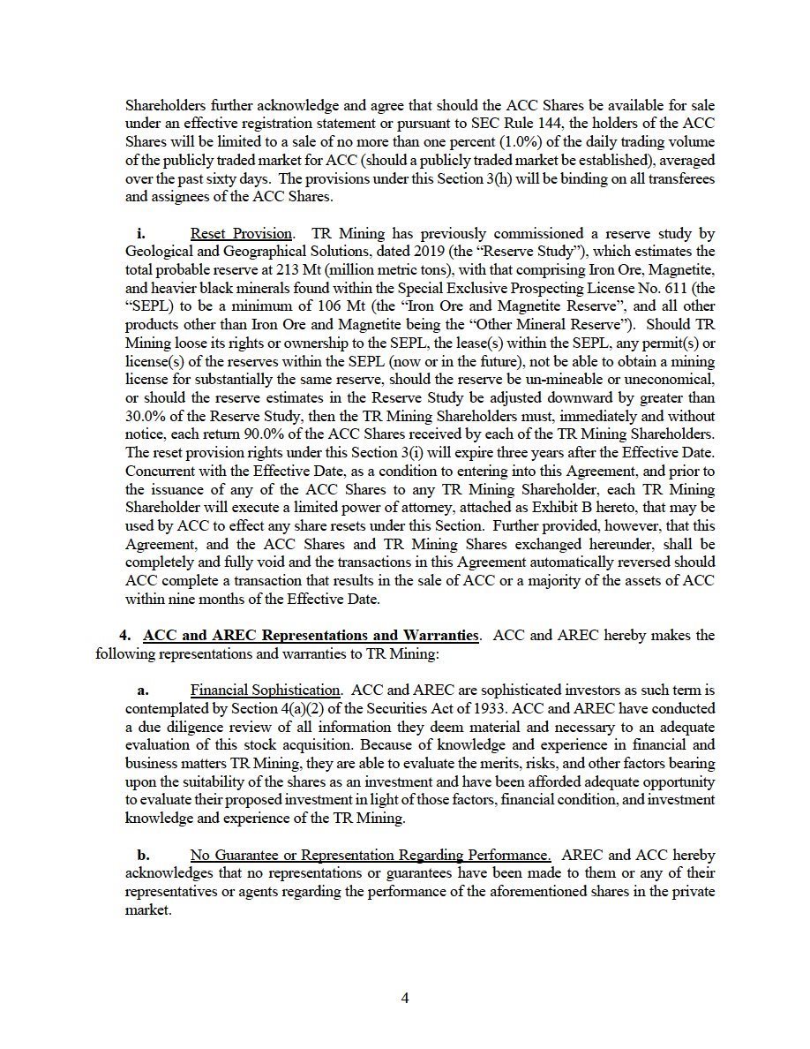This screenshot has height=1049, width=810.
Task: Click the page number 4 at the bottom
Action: [x=405, y=999]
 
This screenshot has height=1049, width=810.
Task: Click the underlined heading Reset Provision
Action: [x=241, y=234]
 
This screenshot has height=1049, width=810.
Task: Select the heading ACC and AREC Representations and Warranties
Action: [x=311, y=636]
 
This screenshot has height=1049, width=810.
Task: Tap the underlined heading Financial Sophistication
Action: [x=266, y=690]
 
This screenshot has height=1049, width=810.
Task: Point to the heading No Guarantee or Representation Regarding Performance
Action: [x=371, y=856]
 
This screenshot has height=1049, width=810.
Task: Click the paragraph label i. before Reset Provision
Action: [x=141, y=234]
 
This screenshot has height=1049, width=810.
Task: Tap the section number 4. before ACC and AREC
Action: [x=124, y=636]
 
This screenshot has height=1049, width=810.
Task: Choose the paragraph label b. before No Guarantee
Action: [x=143, y=856]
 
